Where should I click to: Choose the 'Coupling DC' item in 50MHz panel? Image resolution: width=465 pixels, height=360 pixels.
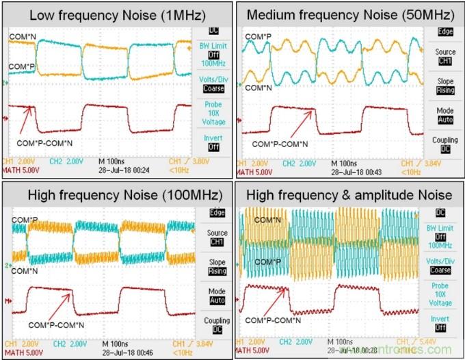pyautogui.click(x=445, y=144)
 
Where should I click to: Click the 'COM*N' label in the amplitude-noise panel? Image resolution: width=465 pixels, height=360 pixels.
pyautogui.click(x=268, y=220)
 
